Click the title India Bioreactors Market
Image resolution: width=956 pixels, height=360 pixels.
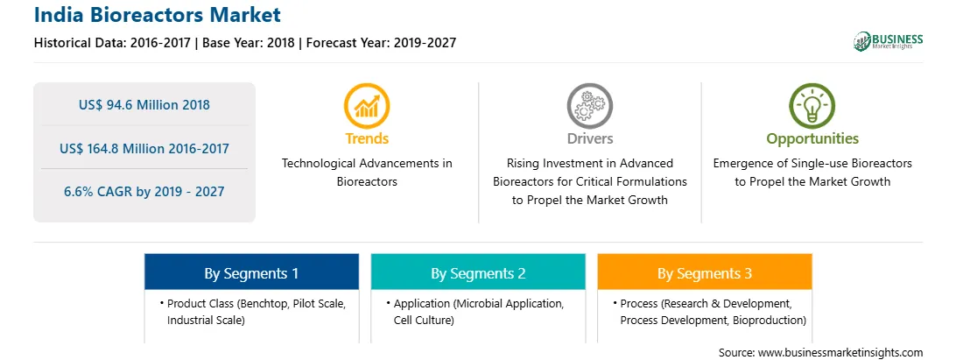(x=158, y=14)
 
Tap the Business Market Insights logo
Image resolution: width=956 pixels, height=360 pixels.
(x=888, y=41)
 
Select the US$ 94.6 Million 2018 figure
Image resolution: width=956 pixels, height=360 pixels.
(x=144, y=105)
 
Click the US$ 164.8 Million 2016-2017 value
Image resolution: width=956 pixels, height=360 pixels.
(x=144, y=148)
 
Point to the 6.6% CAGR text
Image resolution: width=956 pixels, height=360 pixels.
(x=144, y=192)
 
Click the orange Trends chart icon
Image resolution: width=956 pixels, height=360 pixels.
(x=367, y=106)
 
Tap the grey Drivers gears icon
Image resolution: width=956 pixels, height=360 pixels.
(x=589, y=106)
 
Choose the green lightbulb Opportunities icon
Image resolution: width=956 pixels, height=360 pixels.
(x=812, y=106)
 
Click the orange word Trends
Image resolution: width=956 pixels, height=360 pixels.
(x=367, y=138)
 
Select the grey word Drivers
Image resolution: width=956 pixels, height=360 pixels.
(x=589, y=138)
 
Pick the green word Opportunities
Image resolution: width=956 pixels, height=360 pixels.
(x=812, y=139)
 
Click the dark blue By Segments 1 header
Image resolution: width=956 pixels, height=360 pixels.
(x=252, y=272)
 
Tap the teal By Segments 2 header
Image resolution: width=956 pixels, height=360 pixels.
(x=478, y=272)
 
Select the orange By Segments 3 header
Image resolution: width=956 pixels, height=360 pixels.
(x=704, y=272)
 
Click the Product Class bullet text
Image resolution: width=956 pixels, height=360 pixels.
(x=256, y=312)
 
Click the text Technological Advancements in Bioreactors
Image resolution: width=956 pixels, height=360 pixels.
(x=367, y=173)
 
